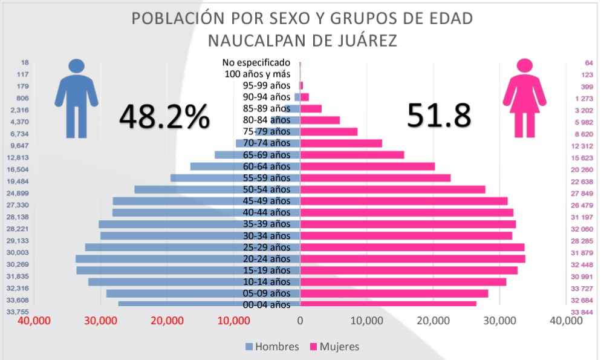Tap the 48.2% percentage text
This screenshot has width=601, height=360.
pyautogui.click(x=164, y=116)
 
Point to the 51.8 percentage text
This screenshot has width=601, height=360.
pyautogui.click(x=438, y=116)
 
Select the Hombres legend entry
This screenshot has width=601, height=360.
pyautogui.click(x=272, y=347)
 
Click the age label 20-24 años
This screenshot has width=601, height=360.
pyautogui.click(x=267, y=259)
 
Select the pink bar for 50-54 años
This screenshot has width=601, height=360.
pyautogui.click(x=393, y=189)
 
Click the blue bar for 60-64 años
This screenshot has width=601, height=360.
pyautogui.click(x=245, y=166)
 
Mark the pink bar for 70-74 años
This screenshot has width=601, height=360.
pyautogui.click(x=342, y=143)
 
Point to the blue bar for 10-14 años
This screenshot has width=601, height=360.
pyautogui.click(x=194, y=282)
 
